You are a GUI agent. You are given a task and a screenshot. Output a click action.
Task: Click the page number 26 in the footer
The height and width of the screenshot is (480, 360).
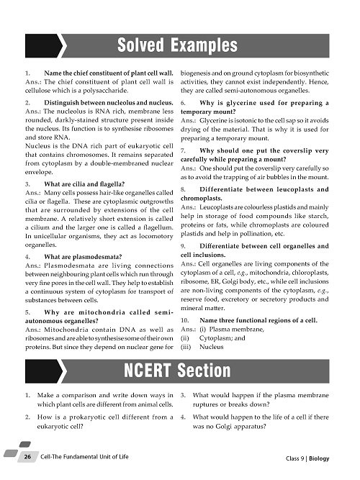click(x=27, y=458)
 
